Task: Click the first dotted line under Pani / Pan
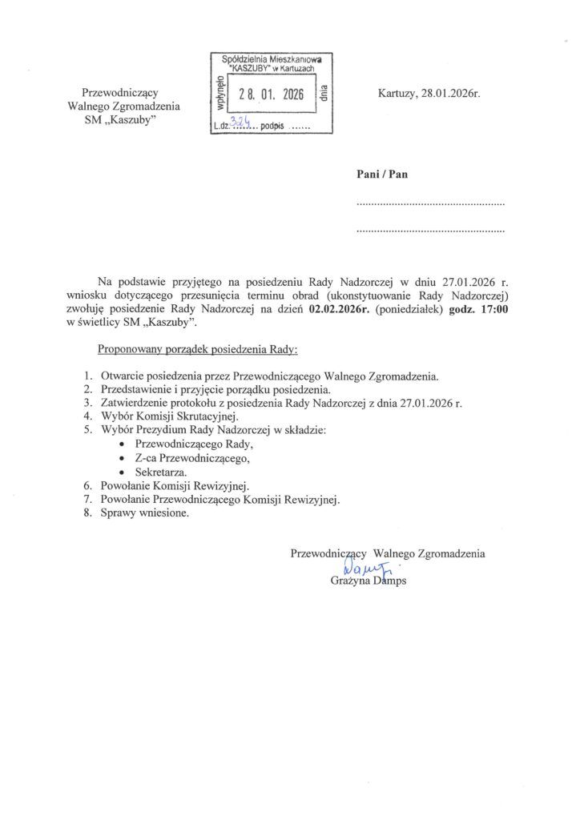[430, 205]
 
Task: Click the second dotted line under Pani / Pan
[430, 231]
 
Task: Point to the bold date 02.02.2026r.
[344, 311]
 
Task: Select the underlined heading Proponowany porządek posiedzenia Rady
[197, 350]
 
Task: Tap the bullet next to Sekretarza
[122, 472]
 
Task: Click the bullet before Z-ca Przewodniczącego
[122, 459]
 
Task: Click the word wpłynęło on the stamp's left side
[214, 89]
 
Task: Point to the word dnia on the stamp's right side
[324, 94]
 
